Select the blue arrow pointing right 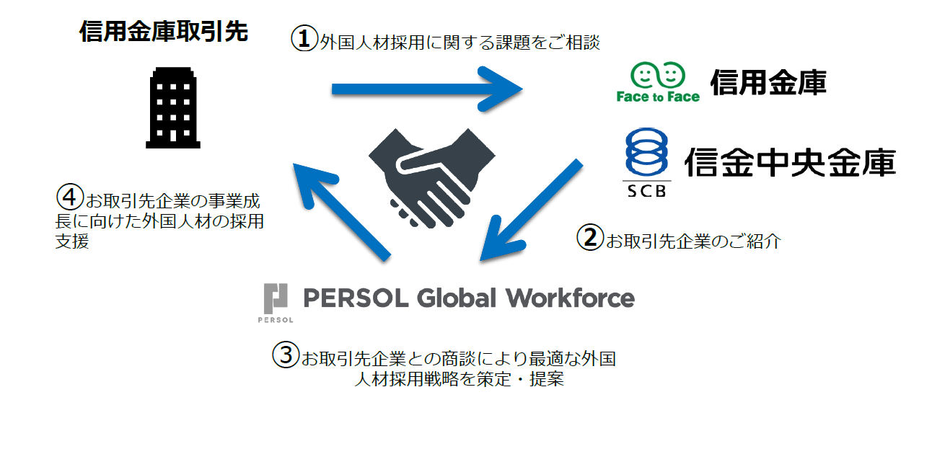click(426, 89)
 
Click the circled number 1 click(304, 39)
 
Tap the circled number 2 click(590, 238)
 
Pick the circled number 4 click(69, 196)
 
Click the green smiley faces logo click(657, 74)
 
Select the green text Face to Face click(658, 97)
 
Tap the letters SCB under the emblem click(646, 191)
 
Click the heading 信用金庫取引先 click(164, 32)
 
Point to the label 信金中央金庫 click(789, 163)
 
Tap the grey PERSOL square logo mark click(276, 297)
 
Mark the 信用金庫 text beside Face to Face click(768, 84)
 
